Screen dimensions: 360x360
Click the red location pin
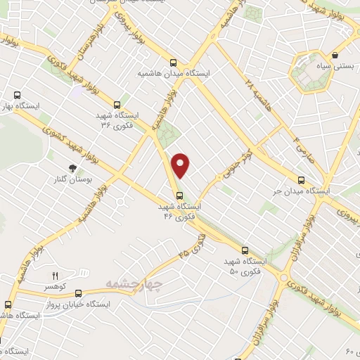click(181, 164)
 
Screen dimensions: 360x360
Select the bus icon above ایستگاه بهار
click(18, 95)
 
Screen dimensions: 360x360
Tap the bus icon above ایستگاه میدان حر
click(302, 179)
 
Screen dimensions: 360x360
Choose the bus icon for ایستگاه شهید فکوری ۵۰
click(245, 250)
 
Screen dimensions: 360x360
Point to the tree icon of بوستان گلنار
click(72, 167)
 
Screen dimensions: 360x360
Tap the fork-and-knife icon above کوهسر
click(54, 276)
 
